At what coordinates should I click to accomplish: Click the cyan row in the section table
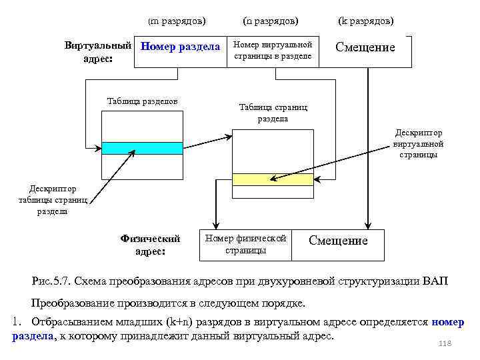[x=141, y=148]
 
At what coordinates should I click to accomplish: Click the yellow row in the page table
[x=273, y=179]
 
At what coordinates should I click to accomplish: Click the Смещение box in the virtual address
[x=365, y=47]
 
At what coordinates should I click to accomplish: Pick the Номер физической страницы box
[x=245, y=245]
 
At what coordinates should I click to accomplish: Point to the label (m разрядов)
[x=177, y=21]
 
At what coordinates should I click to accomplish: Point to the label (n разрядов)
[x=271, y=21]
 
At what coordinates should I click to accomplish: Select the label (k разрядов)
[x=366, y=21]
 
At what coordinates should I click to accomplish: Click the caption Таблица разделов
[x=142, y=101]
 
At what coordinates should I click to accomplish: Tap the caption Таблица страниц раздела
[x=273, y=113]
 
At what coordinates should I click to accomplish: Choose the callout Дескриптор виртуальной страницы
[x=418, y=143]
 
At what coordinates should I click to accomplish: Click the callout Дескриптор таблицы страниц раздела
[x=52, y=200]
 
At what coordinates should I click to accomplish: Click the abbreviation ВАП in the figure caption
[x=435, y=281]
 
